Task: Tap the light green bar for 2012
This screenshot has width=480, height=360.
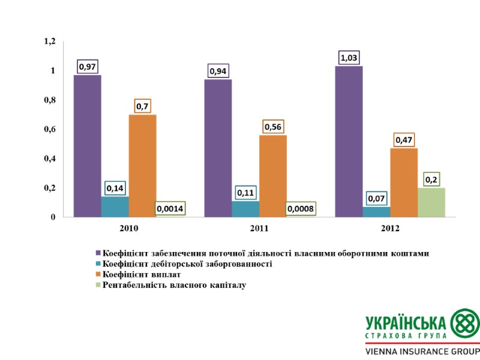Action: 431,202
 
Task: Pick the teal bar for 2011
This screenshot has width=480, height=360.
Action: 245,208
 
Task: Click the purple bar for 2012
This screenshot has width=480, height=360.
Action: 349,141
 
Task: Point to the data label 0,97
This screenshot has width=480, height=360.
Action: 88,67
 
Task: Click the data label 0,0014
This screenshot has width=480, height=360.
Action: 170,209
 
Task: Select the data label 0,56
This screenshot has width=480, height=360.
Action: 273,127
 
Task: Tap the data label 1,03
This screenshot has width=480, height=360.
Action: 349,58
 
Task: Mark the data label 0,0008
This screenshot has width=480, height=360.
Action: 301,209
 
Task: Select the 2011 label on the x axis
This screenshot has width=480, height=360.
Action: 259,229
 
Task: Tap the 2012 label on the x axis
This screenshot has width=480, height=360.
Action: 390,229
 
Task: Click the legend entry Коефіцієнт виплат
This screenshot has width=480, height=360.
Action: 142,275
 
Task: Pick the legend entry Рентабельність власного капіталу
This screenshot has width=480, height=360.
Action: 174,286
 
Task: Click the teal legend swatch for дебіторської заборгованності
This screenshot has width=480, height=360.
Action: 98,264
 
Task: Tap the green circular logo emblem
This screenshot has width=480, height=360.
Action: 464,324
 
